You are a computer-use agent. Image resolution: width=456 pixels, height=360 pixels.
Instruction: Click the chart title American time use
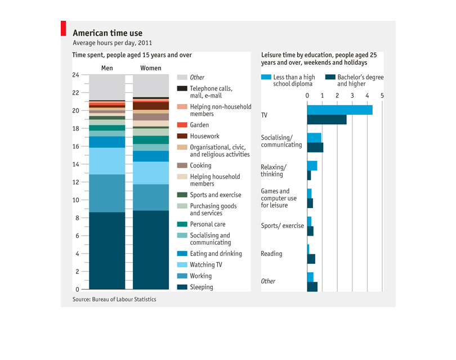tap(108, 33)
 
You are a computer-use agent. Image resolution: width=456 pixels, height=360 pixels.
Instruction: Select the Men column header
tap(107, 69)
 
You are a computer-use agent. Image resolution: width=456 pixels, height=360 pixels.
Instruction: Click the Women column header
tap(150, 69)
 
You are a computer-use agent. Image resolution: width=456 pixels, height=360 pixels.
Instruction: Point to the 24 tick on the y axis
tap(75, 75)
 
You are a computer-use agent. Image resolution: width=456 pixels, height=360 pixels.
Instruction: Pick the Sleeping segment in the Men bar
tap(107, 250)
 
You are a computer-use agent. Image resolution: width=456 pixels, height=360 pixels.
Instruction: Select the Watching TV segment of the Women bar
tap(150, 173)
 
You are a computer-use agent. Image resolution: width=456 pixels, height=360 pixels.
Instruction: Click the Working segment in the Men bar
tap(107, 193)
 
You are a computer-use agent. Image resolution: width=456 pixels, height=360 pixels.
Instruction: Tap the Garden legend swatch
tap(182, 125)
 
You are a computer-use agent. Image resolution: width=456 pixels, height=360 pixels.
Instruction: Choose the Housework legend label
tap(205, 136)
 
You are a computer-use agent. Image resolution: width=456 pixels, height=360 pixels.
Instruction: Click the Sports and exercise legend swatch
tap(182, 195)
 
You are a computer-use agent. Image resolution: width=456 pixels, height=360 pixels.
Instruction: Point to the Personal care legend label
tap(208, 224)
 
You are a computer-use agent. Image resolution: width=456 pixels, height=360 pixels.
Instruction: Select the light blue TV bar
tap(339, 110)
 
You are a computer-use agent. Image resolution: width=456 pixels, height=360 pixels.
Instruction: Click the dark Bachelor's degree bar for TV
tap(327, 119)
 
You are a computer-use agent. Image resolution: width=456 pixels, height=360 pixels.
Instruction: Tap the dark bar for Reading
tap(311, 259)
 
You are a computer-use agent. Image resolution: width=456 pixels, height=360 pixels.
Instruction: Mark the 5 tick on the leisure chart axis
tap(382, 96)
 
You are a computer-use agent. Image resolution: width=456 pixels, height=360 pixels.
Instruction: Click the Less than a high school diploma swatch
tap(265, 77)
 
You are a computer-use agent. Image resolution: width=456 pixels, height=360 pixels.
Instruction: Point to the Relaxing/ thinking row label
tap(274, 170)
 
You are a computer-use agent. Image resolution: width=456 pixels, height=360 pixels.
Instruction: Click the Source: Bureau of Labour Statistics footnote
tap(114, 299)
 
